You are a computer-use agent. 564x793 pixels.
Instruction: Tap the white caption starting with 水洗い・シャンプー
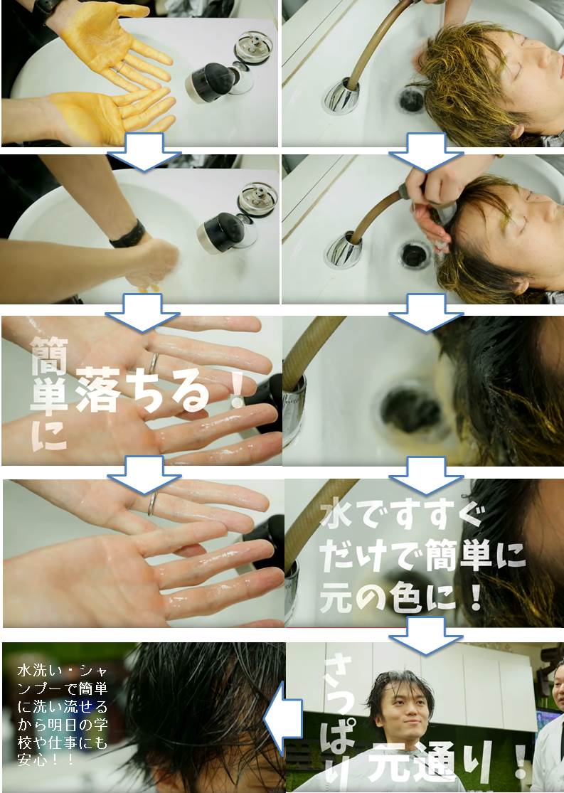(64, 711)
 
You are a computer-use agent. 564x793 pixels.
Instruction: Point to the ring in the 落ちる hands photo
(152, 363)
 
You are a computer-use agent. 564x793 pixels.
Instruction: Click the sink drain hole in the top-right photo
(413, 100)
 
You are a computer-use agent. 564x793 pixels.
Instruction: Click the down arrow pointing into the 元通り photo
(426, 633)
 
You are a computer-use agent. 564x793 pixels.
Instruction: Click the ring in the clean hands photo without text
(152, 503)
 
